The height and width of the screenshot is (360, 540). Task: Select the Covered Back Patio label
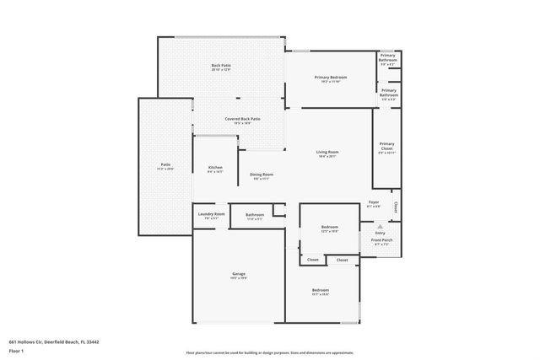point(242,119)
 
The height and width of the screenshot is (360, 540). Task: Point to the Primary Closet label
point(386,146)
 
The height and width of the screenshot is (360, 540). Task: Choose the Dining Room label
point(261,175)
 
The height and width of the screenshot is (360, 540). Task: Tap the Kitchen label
point(215,167)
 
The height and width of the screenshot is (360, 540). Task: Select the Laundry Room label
point(211,214)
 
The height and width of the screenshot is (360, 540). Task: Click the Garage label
point(239,273)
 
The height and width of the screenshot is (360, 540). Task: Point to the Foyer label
point(374,203)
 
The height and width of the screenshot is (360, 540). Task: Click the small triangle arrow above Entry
point(380,226)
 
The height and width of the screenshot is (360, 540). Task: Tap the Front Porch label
point(381,241)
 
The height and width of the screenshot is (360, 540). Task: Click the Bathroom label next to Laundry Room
point(256,215)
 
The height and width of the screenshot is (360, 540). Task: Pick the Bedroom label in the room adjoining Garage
point(321,290)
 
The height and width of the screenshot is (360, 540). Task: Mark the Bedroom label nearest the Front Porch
point(329,227)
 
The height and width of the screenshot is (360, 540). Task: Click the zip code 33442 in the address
point(92,341)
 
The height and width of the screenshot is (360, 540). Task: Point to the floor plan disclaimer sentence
point(269,352)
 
